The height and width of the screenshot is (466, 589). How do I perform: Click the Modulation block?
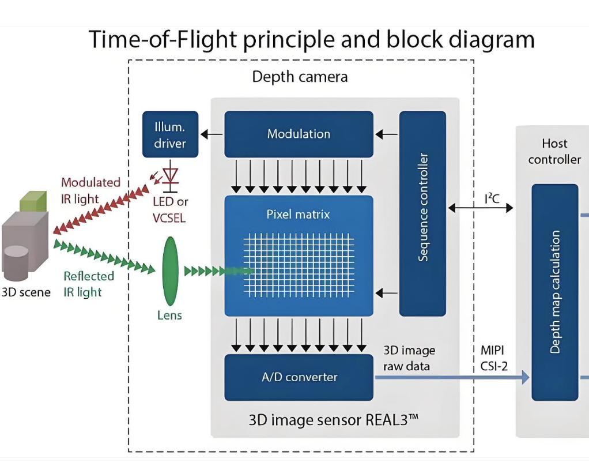(299, 134)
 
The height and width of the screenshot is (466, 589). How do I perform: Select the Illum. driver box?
(170, 134)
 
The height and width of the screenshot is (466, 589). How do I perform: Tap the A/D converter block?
(299, 377)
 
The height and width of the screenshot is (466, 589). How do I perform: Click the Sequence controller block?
(422, 213)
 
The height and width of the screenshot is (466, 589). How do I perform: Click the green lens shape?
(170, 270)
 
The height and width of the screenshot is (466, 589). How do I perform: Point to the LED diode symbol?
(171, 175)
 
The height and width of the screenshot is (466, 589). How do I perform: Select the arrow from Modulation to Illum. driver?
(211, 134)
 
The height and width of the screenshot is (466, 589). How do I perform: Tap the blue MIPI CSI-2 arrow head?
(525, 377)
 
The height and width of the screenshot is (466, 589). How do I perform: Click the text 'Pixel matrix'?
(298, 215)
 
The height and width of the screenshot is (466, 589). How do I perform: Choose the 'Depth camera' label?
(300, 77)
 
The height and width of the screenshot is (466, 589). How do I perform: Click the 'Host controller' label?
(554, 151)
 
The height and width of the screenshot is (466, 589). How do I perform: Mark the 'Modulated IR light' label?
(90, 190)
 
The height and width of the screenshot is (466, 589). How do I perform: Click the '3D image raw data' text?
(409, 358)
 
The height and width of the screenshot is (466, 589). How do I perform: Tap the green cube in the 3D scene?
(33, 201)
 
